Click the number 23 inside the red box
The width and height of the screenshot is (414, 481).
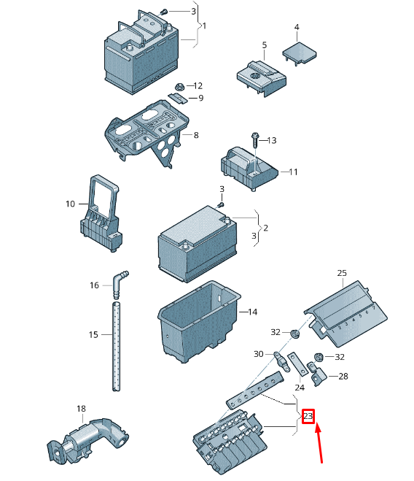pyautogui.click(x=308, y=417)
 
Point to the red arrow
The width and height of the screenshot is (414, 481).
pyautogui.click(x=320, y=446)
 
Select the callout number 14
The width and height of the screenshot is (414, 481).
pyautogui.click(x=252, y=312)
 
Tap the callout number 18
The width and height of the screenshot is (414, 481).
pyautogui.click(x=81, y=409)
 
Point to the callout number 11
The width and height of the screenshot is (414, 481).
pyautogui.click(x=293, y=172)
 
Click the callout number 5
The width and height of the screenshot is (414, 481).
pyautogui.click(x=265, y=45)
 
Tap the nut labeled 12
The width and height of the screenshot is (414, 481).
pyautogui.click(x=179, y=85)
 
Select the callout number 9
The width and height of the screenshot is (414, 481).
pyautogui.click(x=200, y=99)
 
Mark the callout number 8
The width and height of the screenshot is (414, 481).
pyautogui.click(x=195, y=135)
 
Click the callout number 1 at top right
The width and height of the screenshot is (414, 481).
pyautogui.click(x=204, y=26)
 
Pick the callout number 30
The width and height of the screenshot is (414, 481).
pyautogui.click(x=259, y=354)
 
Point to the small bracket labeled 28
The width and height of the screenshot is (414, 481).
pyautogui.click(x=319, y=377)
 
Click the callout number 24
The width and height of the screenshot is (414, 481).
pyautogui.click(x=299, y=388)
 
